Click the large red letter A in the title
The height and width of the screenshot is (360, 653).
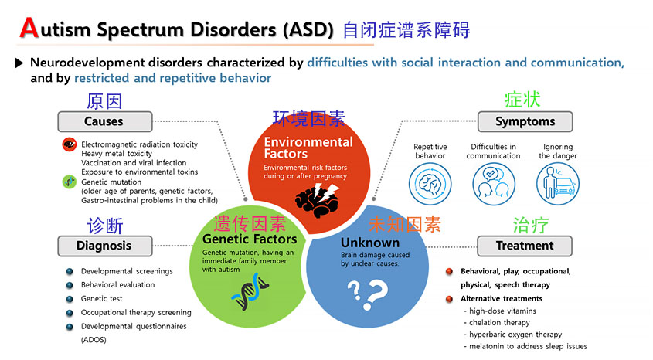tap(29, 28)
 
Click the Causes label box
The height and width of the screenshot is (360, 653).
tap(104, 121)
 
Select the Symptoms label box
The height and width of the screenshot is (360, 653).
tap(525, 121)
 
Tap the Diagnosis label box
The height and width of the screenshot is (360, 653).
tap(104, 246)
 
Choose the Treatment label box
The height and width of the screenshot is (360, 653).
tap(525, 246)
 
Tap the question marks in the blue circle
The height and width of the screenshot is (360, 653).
tap(366, 291)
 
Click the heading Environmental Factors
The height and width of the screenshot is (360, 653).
tap(308, 148)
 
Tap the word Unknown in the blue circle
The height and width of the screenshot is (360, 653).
tap(370, 243)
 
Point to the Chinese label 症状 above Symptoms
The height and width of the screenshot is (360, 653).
tap(522, 100)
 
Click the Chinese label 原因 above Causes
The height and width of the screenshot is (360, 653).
tap(104, 101)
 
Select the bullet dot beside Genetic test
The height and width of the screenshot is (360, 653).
tap(70, 299)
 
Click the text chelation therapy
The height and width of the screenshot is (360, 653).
tap(499, 322)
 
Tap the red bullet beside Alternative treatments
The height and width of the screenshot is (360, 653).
tap(449, 299)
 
